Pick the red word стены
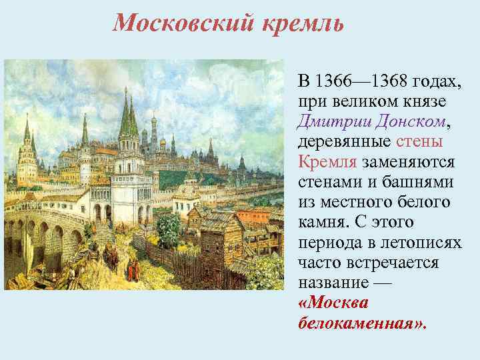coord(420,142)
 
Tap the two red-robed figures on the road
coord(131,269)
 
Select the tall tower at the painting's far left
coord(27,150)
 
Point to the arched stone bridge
coord(47,230)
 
